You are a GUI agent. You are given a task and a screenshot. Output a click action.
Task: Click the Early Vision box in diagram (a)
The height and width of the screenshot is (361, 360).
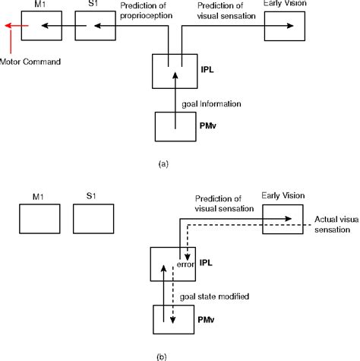284,26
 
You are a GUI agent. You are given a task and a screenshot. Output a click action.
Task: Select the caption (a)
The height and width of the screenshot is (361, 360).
175,163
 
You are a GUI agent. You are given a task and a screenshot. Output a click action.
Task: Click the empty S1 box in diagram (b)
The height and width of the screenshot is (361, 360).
96,220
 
